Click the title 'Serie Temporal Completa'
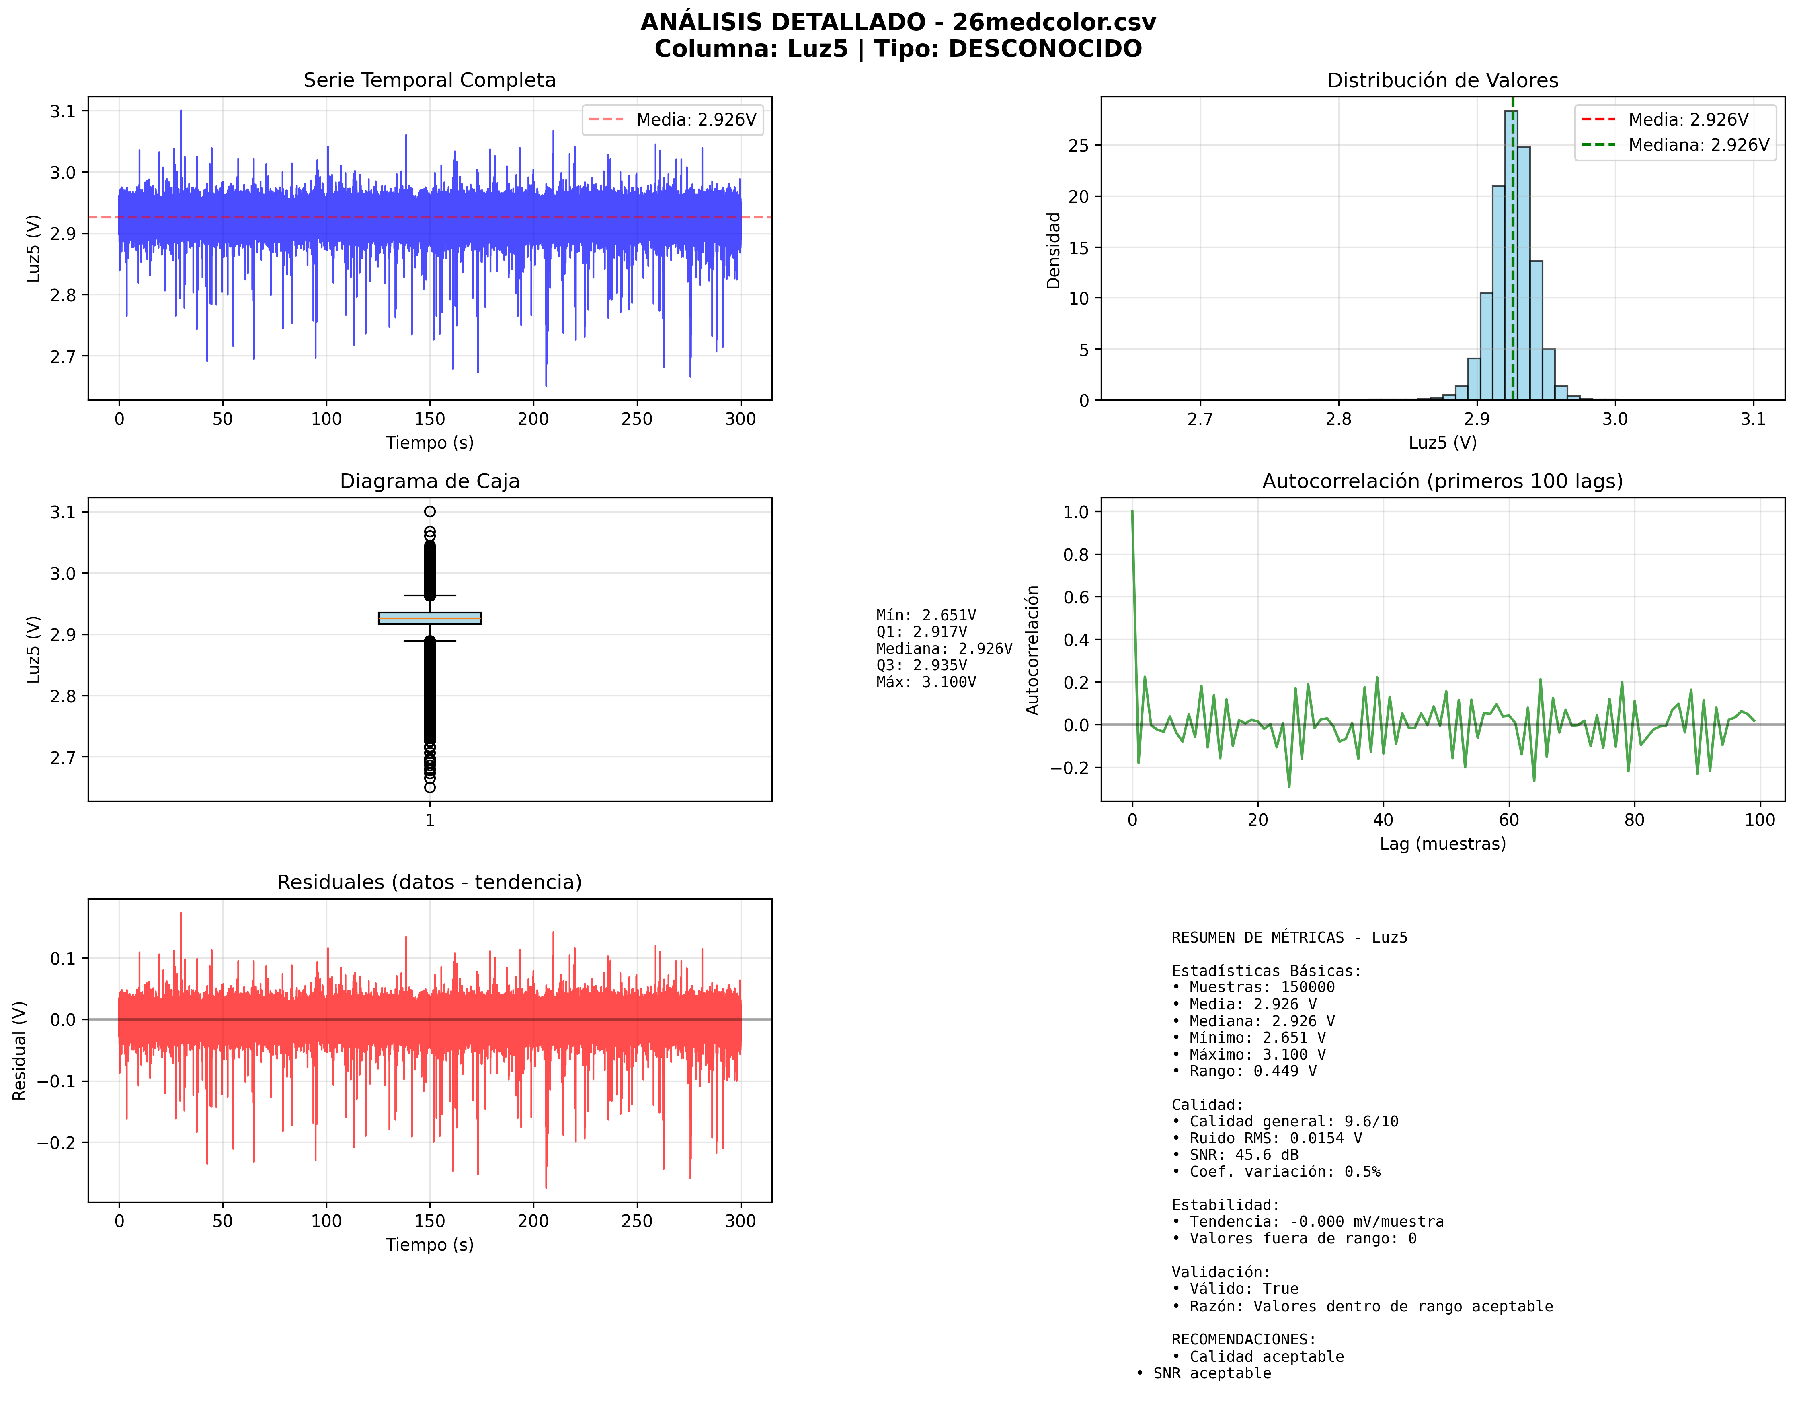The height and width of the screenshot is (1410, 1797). pyautogui.click(x=429, y=80)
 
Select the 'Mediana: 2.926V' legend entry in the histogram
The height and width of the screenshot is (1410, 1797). pyautogui.click(x=1698, y=145)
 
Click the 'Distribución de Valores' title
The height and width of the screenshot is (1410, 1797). pyautogui.click(x=1442, y=80)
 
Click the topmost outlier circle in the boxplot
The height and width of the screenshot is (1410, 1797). pyautogui.click(x=430, y=512)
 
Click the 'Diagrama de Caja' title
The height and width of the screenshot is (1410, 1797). pyautogui.click(x=429, y=481)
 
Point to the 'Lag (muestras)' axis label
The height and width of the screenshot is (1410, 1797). pyautogui.click(x=1442, y=844)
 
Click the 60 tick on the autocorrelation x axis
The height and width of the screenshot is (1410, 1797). pyautogui.click(x=1508, y=820)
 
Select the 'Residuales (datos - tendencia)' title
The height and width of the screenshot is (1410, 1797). pyautogui.click(x=429, y=883)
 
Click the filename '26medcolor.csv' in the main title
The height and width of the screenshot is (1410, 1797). pyautogui.click(x=1054, y=22)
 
